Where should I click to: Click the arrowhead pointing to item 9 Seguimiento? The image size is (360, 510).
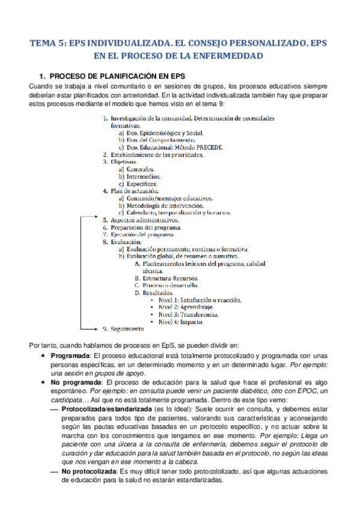pyautogui.click(x=95, y=329)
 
